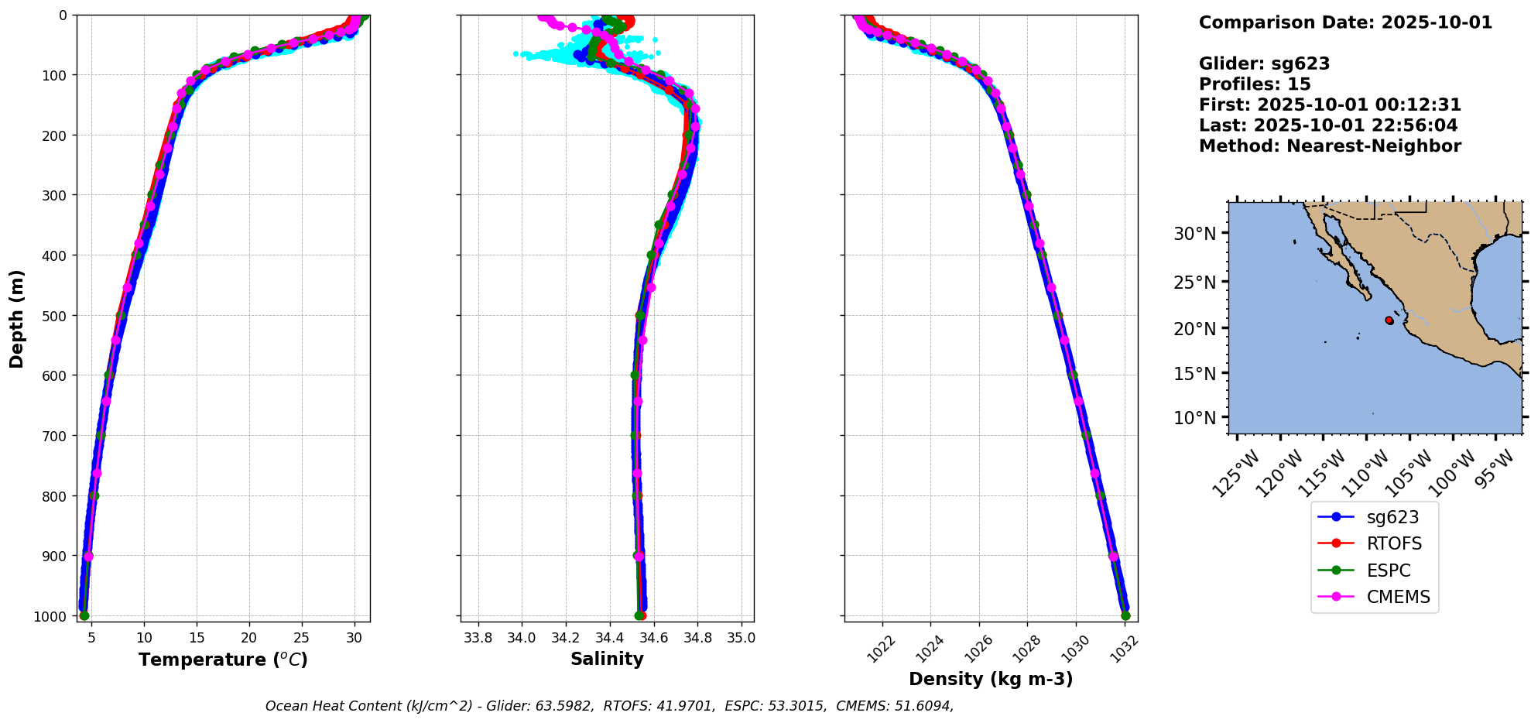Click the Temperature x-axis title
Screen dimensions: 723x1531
coord(223,660)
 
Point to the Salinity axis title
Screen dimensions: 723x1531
coord(607,659)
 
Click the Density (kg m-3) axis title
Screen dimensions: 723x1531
coord(991,679)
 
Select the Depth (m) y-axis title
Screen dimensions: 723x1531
coord(17,318)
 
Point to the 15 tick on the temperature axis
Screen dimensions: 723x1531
coord(197,638)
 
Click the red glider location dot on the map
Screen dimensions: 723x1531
coord(1389,320)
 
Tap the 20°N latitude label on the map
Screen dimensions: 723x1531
coord(1194,328)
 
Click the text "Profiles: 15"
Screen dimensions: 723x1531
coord(1255,84)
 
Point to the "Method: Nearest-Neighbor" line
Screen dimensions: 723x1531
coord(1330,146)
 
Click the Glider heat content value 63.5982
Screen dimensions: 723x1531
coord(564,706)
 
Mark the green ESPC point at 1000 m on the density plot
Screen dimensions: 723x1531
coord(1125,616)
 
